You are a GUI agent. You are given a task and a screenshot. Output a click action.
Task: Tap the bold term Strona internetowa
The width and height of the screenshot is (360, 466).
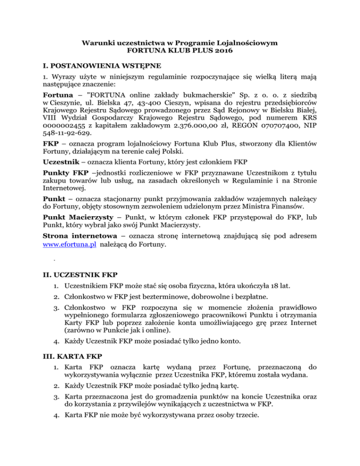[x=72, y=235]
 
